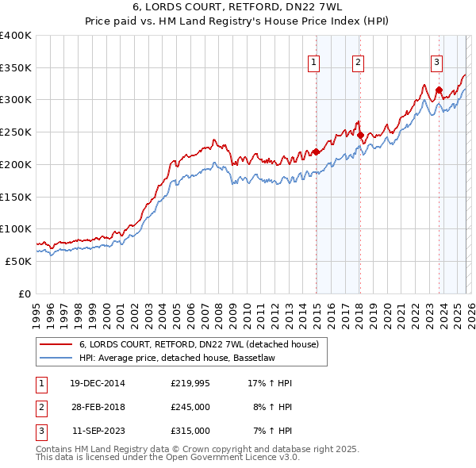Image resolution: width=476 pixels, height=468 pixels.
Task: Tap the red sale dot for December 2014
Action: tap(316, 152)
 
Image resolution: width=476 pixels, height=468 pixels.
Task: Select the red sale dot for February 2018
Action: tap(360, 135)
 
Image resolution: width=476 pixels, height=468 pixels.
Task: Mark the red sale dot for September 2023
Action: tap(439, 90)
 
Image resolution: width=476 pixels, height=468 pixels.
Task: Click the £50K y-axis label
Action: tap(18, 261)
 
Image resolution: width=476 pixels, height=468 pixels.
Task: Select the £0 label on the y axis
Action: tap(26, 293)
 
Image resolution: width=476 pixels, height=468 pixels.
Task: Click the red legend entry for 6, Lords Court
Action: tap(198, 344)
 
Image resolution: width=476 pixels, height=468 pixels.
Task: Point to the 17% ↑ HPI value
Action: tap(270, 383)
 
